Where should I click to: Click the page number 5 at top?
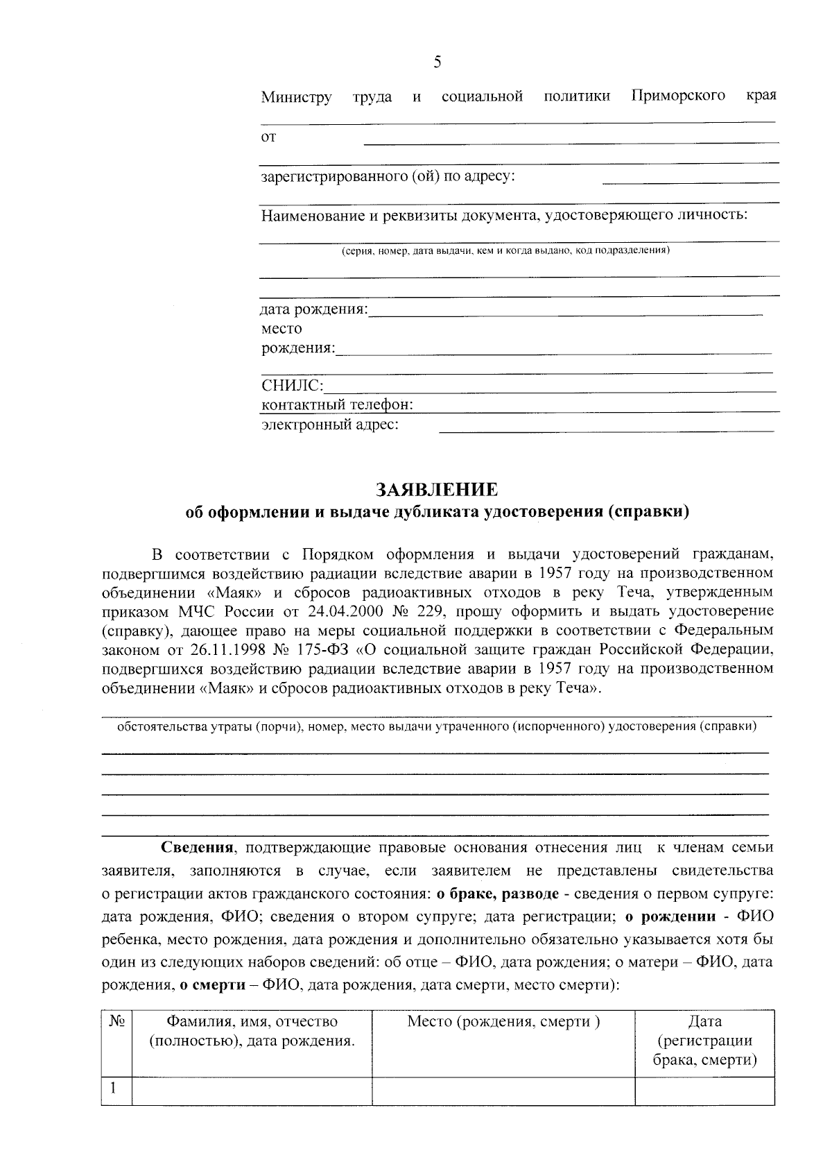(437, 62)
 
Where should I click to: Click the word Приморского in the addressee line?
(678, 95)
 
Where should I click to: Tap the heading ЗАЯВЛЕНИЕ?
(437, 490)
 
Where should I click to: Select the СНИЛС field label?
(292, 385)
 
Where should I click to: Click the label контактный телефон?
(337, 404)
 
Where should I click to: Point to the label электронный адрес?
(329, 424)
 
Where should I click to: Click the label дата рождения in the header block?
(314, 309)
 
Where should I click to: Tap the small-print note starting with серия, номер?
(505, 250)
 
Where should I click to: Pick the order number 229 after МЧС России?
(417, 612)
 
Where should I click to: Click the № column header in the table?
(116, 1022)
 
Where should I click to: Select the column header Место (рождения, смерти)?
(503, 1022)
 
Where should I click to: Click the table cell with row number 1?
(116, 1090)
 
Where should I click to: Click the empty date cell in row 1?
(704, 1090)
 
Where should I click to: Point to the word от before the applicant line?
(268, 137)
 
